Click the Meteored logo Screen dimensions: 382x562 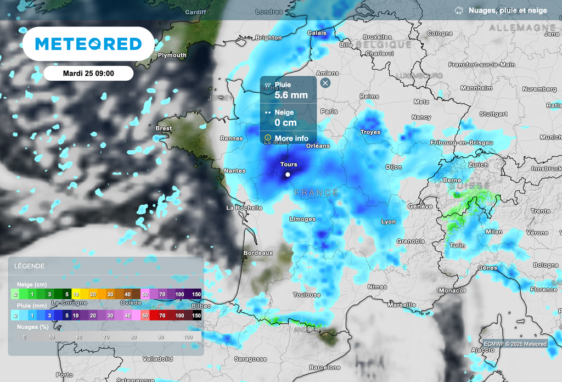88,44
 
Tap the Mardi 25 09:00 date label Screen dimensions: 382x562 88,73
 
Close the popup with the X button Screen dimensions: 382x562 325,83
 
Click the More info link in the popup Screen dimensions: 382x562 291,138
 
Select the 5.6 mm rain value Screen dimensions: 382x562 291,95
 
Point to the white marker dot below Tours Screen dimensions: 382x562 288,175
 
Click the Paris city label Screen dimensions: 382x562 329,111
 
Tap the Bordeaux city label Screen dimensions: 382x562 258,253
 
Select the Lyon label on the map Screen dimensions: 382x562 389,222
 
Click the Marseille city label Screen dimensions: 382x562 401,305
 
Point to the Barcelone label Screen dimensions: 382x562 324,367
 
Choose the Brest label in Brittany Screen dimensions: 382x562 164,128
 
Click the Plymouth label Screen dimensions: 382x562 172,55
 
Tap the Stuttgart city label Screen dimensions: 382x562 493,114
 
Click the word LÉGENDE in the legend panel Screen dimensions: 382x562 30,266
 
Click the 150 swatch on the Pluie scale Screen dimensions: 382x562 196,316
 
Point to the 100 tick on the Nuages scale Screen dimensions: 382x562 188,336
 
